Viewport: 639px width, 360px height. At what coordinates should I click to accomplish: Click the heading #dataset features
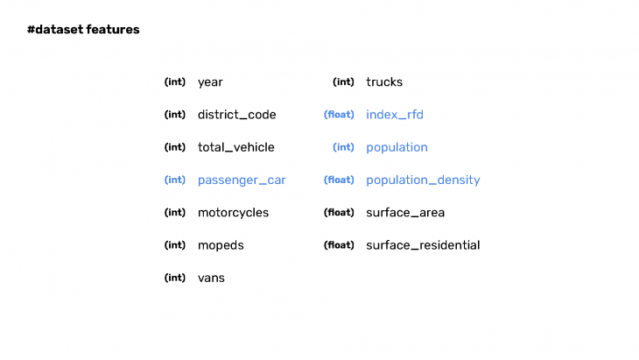coord(83,30)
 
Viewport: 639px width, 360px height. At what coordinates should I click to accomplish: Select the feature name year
coord(210,82)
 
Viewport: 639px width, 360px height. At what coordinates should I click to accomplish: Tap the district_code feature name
coord(236,115)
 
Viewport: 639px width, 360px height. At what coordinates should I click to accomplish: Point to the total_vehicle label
coord(235,147)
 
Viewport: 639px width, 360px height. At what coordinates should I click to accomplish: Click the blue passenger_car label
coord(242,180)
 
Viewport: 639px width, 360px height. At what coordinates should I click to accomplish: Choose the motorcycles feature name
coord(233,213)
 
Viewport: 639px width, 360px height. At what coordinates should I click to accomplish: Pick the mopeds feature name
coord(221,245)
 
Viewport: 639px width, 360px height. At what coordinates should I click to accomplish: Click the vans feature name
coord(211,278)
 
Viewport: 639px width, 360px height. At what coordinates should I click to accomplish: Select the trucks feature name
coord(384,82)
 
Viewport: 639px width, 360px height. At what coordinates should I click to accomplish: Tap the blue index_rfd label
coord(395,115)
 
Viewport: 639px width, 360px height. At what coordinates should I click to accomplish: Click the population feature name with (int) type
coord(397,147)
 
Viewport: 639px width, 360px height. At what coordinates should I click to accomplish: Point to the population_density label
coord(423,180)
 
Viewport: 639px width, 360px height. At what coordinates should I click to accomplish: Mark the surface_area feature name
coord(405,213)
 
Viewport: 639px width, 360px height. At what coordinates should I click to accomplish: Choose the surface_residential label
coord(423,245)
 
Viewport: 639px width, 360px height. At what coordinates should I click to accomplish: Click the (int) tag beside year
coord(175,82)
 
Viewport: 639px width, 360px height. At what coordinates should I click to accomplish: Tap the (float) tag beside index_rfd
coord(339,115)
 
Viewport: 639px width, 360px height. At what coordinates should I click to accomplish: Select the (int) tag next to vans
coord(175,278)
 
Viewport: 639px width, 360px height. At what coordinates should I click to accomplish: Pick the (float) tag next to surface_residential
coord(339,245)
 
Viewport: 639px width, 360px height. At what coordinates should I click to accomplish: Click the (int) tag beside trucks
coord(343,82)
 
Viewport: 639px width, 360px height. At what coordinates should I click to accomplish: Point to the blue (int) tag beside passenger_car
coord(175,180)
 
